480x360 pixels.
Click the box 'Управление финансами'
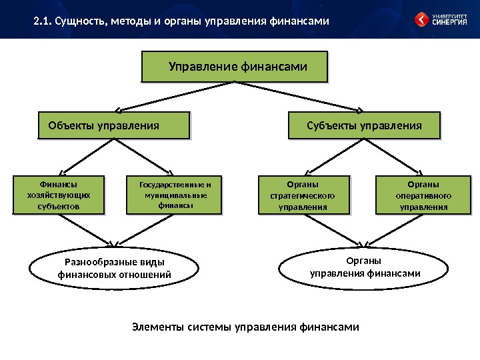(x=237, y=67)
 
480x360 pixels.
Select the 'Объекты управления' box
(x=114, y=125)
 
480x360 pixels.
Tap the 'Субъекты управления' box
(x=364, y=125)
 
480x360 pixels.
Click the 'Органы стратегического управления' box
(x=303, y=195)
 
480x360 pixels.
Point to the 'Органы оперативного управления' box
(x=423, y=195)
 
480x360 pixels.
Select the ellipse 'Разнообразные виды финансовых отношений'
(x=114, y=268)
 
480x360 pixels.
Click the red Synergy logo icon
(x=423, y=20)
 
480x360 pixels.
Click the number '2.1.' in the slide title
(x=43, y=22)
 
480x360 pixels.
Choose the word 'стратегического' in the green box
(x=303, y=196)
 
